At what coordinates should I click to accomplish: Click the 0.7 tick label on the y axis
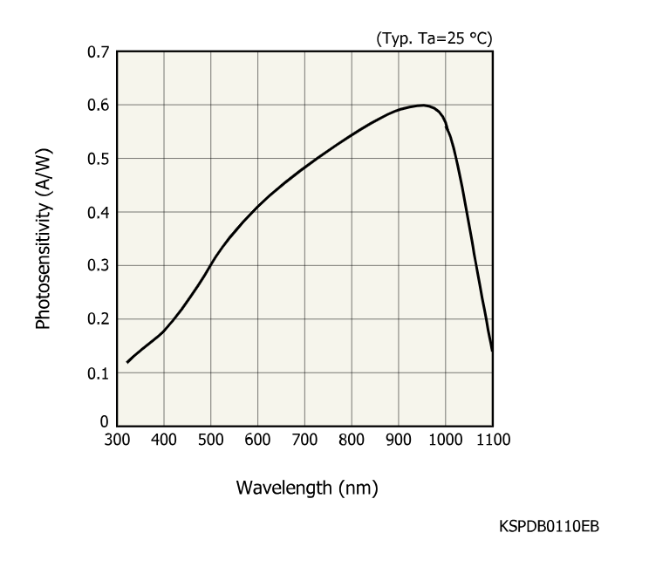tap(98, 52)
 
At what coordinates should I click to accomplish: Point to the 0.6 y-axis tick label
tap(98, 106)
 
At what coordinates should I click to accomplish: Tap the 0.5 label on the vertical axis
tap(98, 159)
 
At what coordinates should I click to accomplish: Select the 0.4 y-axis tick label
tap(98, 212)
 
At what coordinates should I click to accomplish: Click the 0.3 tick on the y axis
tap(98, 265)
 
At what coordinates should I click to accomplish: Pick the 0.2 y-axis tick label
tap(98, 319)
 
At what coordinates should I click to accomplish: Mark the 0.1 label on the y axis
tap(98, 372)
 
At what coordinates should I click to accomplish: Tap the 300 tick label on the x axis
tap(117, 439)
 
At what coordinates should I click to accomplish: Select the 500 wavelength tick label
tap(210, 439)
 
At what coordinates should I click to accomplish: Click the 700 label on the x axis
tap(304, 439)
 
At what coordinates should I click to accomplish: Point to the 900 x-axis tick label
tap(398, 439)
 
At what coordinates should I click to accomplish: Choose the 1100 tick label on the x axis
tap(491, 439)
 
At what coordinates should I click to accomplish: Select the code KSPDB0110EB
tap(549, 526)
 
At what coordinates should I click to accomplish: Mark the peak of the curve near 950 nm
tap(423, 105)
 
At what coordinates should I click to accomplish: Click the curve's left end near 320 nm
tap(127, 362)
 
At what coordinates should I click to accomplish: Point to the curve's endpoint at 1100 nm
tap(492, 351)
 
